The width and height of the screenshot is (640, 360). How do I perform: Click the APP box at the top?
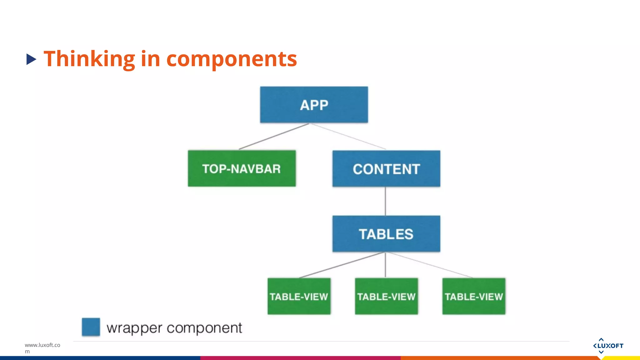click(314, 105)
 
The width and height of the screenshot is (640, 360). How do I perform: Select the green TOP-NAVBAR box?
click(242, 169)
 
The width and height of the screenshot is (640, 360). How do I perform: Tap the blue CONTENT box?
click(386, 169)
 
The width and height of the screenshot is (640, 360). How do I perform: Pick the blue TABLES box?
click(386, 234)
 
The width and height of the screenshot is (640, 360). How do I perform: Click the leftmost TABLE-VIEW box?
click(299, 296)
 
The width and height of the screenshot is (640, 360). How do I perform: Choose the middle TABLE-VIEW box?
click(386, 296)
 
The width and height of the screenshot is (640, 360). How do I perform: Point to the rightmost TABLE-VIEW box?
click(474, 296)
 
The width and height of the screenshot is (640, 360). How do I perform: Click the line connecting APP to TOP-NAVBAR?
click(274, 137)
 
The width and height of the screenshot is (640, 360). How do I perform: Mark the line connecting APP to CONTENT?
click(347, 137)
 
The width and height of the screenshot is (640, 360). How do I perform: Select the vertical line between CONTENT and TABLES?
click(385, 201)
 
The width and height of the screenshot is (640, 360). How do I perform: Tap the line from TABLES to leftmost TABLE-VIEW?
click(342, 265)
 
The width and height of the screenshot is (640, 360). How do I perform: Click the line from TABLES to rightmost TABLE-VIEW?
click(430, 265)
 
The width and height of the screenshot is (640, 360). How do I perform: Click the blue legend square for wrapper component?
click(91, 327)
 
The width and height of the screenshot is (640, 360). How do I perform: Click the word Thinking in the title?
click(89, 59)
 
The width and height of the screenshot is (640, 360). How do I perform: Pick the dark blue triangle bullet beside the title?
click(31, 59)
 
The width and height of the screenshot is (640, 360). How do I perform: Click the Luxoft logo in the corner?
click(608, 346)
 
